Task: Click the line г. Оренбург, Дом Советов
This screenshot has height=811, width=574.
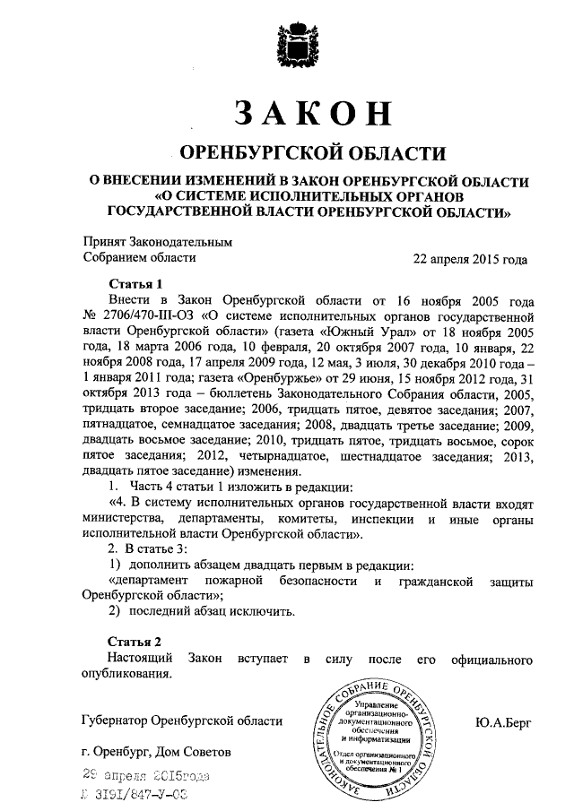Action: point(155,751)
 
